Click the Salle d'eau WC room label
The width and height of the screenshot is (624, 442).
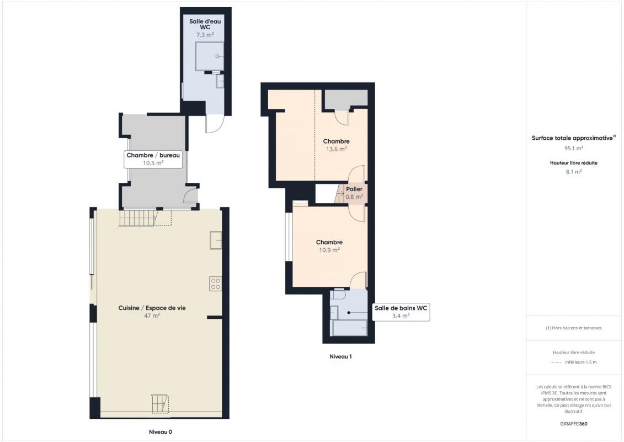click(205, 24)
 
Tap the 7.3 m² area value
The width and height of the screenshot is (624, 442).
click(205, 35)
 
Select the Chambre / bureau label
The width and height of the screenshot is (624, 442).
click(153, 155)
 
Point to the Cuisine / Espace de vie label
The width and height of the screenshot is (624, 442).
click(152, 308)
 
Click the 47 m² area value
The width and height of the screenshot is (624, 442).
click(152, 315)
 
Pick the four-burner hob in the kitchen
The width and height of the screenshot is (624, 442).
click(215, 284)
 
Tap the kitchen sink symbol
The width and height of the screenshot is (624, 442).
click(216, 240)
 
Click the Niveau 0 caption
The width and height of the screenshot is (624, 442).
click(161, 432)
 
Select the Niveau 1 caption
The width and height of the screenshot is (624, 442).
click(340, 356)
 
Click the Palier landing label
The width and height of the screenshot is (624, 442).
click(354, 189)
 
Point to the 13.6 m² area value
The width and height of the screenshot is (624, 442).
click(336, 149)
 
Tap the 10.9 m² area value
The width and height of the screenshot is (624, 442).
click(329, 250)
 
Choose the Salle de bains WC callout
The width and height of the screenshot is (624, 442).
click(401, 312)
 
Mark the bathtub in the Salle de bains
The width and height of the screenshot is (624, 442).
click(350, 328)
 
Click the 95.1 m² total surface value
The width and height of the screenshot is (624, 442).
click(574, 148)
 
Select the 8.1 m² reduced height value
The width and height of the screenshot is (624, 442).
click(574, 172)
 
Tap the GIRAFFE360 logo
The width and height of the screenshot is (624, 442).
click(574, 424)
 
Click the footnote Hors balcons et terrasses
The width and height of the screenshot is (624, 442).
click(574, 328)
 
